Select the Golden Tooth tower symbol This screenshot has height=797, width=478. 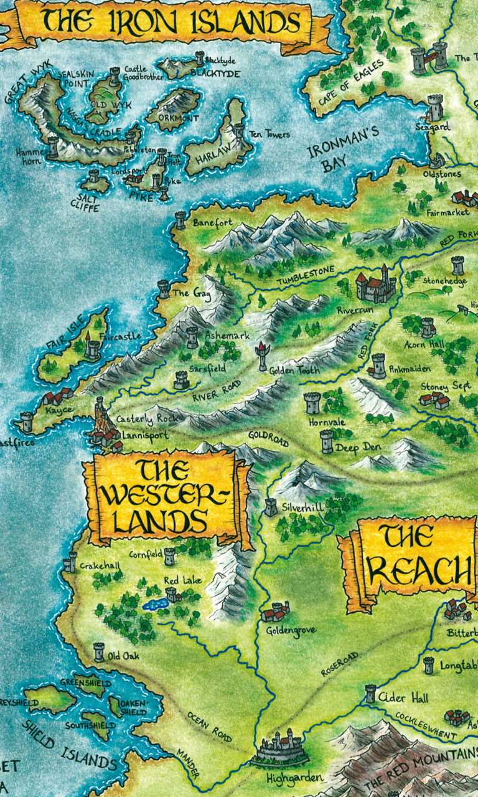261,356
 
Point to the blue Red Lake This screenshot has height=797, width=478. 154,604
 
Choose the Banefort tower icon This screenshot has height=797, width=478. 180,219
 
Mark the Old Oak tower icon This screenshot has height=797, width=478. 98,652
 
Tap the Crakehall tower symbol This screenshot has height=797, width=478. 69,562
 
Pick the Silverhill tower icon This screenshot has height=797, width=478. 271,506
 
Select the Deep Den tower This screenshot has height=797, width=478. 327,441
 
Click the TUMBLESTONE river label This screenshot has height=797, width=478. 306,272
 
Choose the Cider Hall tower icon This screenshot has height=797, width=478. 371,693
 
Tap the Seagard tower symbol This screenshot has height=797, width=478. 435,106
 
